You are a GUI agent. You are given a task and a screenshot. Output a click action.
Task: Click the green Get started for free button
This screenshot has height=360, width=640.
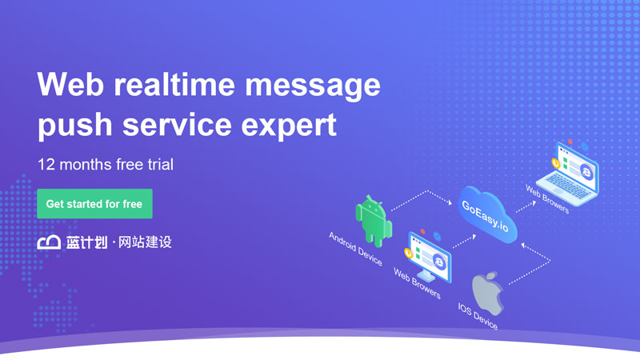94,204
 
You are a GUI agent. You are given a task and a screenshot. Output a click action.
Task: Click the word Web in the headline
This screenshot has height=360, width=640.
70,84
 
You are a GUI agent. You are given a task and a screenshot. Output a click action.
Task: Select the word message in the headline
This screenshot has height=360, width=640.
313,86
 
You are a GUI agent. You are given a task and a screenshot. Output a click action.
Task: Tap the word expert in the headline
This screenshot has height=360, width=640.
289,125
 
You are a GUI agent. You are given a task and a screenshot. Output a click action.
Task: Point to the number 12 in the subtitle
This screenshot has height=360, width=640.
46,165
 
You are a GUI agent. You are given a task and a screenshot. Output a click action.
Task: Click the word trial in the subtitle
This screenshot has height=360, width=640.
161,165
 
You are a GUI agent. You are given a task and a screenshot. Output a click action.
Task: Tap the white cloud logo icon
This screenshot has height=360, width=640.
49,242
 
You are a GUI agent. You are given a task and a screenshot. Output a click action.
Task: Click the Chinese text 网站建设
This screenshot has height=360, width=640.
145,242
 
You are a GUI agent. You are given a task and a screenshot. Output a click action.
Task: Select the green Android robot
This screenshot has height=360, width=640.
374,222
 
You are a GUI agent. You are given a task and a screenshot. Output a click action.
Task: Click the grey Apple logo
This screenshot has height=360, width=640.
488,294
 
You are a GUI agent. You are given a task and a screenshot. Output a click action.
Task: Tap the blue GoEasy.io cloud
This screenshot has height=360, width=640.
487,214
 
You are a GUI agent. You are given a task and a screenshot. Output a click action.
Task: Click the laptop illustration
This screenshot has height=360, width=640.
568,174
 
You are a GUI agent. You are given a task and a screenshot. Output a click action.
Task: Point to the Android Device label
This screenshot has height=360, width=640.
355,249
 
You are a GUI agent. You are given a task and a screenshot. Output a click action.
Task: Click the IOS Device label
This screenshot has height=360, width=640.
478,316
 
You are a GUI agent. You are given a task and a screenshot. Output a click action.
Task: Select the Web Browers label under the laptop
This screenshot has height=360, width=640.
547,199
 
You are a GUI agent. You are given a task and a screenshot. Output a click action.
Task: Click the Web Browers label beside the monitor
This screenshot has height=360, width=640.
417,284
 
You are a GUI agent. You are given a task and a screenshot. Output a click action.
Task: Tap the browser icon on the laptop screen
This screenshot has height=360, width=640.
586,172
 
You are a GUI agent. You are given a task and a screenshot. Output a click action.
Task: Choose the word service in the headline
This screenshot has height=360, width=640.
177,125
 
